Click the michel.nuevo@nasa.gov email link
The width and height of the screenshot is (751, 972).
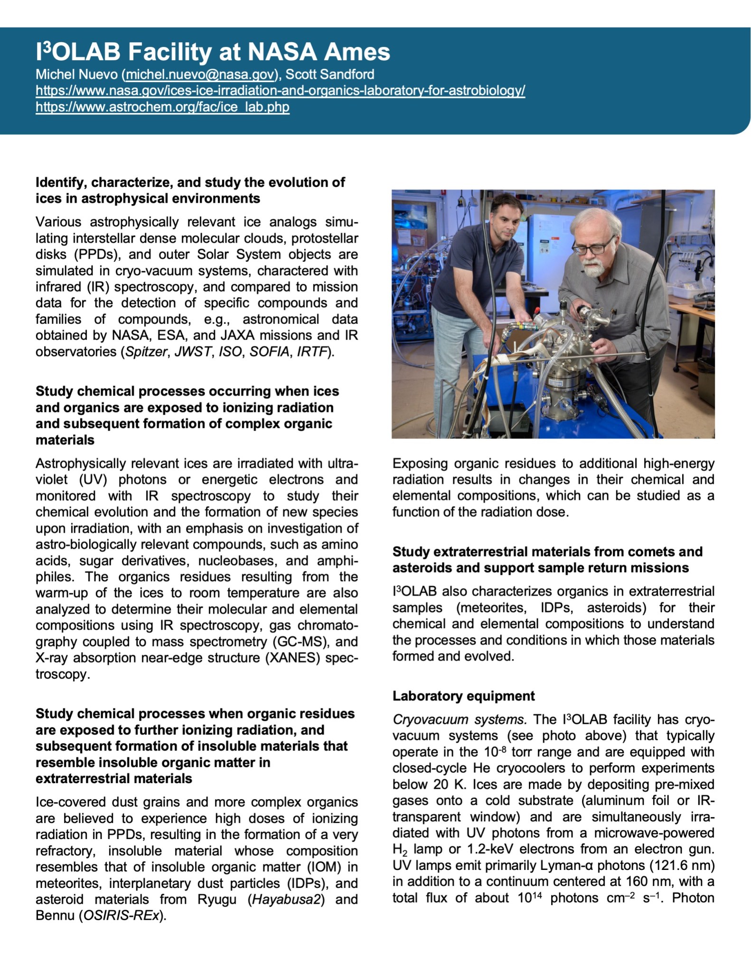point(200,75)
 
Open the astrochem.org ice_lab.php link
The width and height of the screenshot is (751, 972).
point(162,107)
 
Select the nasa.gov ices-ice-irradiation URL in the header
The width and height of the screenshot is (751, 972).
point(280,91)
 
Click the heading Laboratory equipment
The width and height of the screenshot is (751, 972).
point(463,696)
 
